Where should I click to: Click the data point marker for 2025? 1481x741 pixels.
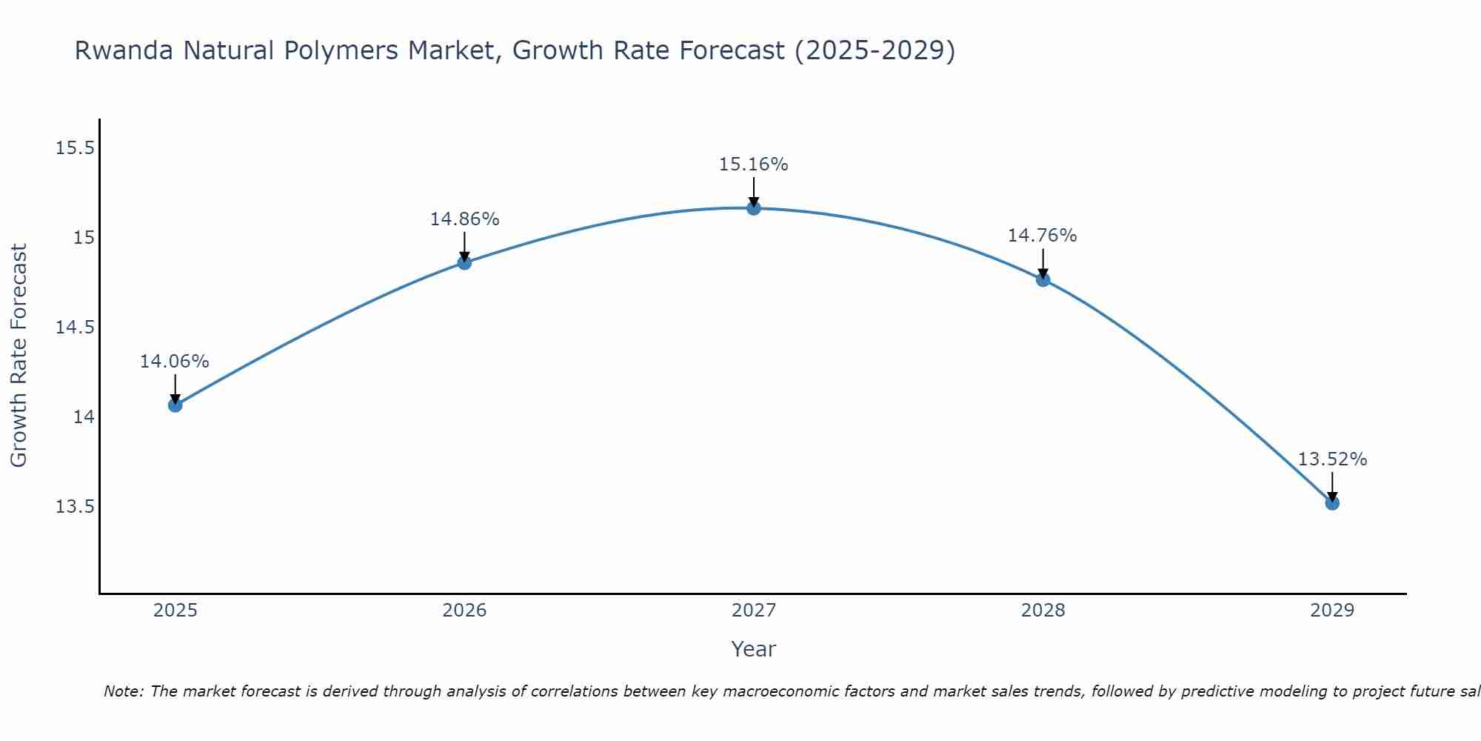175,405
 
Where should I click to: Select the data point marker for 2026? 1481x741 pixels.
464,262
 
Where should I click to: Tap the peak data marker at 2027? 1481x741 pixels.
754,208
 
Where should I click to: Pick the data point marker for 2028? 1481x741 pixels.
1043,279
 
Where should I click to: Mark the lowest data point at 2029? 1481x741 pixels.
1332,503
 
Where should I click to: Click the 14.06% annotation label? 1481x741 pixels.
175,362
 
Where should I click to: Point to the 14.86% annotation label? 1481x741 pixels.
464,219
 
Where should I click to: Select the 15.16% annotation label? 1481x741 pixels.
754,165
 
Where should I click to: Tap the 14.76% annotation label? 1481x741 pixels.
1042,236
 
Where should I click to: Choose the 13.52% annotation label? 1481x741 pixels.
1332,459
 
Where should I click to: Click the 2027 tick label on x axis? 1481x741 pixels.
754,611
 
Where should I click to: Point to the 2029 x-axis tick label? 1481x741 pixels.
1332,611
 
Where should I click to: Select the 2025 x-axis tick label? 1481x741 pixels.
175,611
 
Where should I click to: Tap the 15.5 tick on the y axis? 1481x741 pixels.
76,148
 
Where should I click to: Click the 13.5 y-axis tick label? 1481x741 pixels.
76,507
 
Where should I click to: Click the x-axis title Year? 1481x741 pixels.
754,649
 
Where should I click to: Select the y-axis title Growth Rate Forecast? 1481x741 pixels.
19,356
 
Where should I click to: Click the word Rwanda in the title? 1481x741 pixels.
124,51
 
